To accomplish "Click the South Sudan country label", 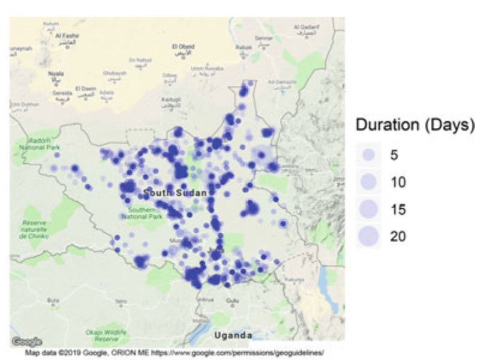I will (175, 193).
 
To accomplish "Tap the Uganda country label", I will (233, 334).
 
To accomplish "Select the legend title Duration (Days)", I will (415, 126).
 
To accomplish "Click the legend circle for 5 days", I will (369, 155).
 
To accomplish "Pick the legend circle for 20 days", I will (369, 236).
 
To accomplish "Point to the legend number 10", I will (398, 182).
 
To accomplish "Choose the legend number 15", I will (398, 209).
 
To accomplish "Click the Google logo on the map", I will (26, 341).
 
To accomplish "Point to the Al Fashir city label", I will (67, 37).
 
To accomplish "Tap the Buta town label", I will (53, 300).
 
